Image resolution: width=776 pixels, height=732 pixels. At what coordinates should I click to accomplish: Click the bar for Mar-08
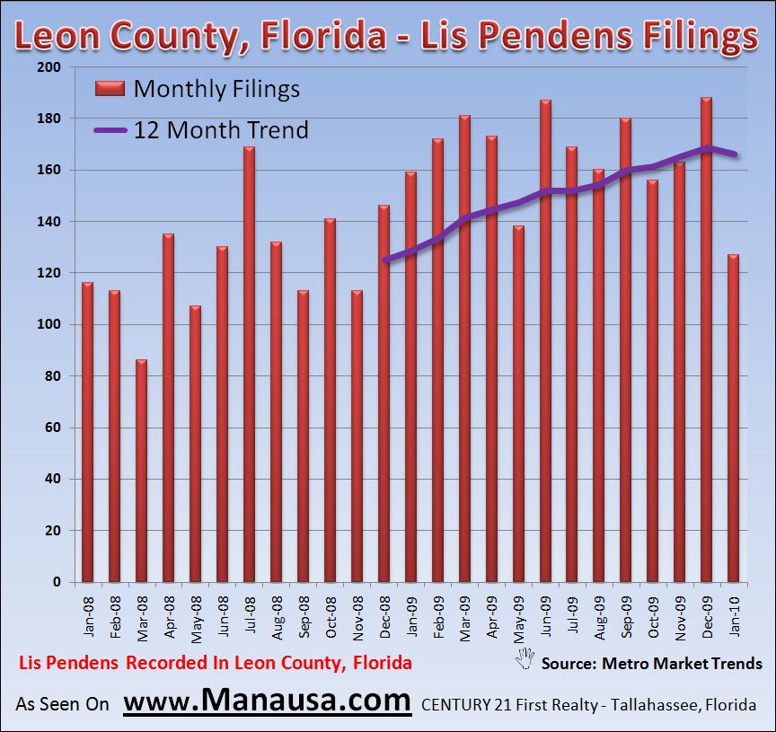(x=141, y=471)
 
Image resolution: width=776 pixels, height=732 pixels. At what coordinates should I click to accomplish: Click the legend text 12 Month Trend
(x=221, y=130)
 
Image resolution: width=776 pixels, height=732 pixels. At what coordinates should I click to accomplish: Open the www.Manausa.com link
(x=267, y=700)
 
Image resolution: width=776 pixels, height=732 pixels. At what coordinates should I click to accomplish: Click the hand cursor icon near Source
(x=525, y=658)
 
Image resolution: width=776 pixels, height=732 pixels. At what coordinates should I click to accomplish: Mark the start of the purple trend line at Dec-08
(x=384, y=260)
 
